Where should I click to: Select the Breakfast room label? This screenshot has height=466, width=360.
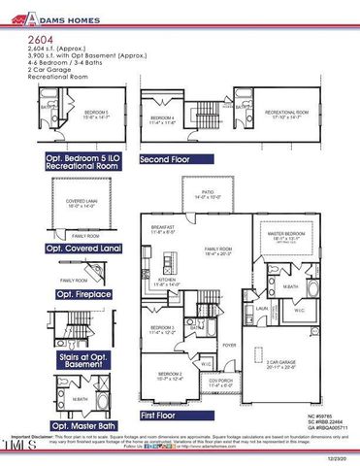click(x=161, y=231)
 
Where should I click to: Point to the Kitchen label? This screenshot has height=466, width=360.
click(x=166, y=282)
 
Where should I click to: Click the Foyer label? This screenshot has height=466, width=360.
click(x=229, y=345)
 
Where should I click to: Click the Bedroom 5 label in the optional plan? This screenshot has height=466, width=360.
click(x=95, y=115)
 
